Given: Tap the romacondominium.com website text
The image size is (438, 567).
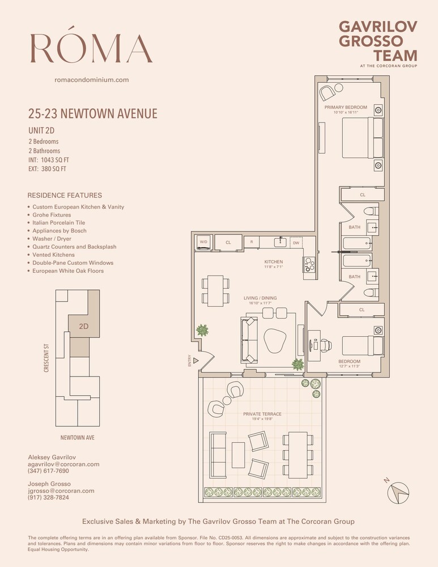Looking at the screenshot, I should [x=91, y=80].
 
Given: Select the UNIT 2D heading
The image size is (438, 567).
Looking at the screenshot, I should [x=41, y=130].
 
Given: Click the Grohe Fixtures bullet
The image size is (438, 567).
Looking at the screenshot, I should [x=52, y=215].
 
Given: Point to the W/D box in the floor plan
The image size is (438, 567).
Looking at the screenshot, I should [x=203, y=242].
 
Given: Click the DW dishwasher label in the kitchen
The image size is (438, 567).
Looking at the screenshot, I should [x=296, y=243].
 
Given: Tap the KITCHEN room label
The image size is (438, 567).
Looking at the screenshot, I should [x=273, y=262].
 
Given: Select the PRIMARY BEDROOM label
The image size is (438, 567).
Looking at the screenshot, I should [x=346, y=107].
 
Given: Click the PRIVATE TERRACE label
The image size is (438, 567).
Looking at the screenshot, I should [x=262, y=414].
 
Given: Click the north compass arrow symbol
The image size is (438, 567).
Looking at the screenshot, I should [x=398, y=492].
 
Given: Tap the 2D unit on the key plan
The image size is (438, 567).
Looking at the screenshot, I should [x=83, y=327].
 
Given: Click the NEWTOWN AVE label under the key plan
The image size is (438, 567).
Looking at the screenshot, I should [x=78, y=438].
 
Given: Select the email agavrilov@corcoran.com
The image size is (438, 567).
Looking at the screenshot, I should [x=63, y=464].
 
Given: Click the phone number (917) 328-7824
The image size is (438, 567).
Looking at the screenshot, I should [x=48, y=497].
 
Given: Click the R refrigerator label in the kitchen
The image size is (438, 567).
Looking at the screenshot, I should [x=251, y=242].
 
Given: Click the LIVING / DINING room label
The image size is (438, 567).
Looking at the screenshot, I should [x=258, y=298].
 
